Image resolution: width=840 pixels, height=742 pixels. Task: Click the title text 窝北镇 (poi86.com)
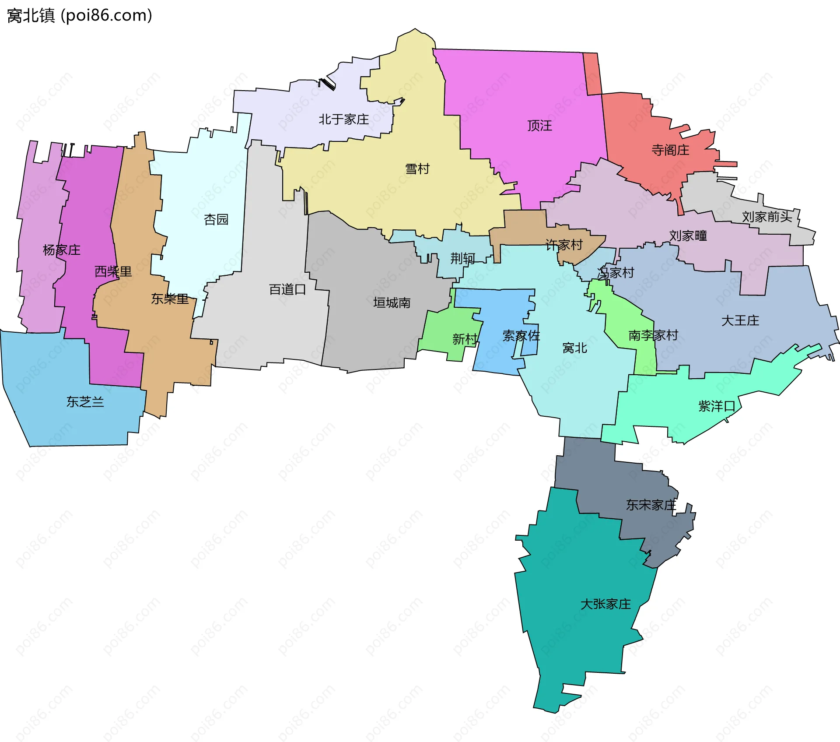point(80,16)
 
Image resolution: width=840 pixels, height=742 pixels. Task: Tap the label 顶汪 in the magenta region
point(539,126)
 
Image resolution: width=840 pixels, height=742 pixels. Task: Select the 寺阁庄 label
point(670,150)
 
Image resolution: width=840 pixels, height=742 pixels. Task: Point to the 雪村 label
point(417,169)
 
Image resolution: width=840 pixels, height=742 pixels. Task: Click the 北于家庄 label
point(343,120)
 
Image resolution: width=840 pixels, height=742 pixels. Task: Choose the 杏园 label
point(216,219)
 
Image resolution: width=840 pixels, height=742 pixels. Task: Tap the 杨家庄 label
point(61,250)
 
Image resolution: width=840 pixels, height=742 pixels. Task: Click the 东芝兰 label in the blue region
point(85,402)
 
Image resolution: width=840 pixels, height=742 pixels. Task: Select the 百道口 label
point(287,289)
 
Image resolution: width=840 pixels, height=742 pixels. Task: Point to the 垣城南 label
point(392,303)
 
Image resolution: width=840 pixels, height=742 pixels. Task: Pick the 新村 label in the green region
point(465,339)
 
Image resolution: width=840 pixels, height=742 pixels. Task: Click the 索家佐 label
point(521,336)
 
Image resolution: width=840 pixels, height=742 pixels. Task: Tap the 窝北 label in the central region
point(574,348)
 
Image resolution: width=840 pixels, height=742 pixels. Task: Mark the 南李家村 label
point(653,335)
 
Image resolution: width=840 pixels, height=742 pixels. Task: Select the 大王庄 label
point(740,320)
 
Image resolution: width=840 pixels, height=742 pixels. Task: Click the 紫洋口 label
point(717,406)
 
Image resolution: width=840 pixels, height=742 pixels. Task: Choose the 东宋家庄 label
point(651,505)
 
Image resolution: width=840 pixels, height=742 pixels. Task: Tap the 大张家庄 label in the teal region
point(605,604)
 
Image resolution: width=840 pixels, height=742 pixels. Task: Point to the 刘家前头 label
point(767,217)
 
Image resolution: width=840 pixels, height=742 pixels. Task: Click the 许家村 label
point(564,245)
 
